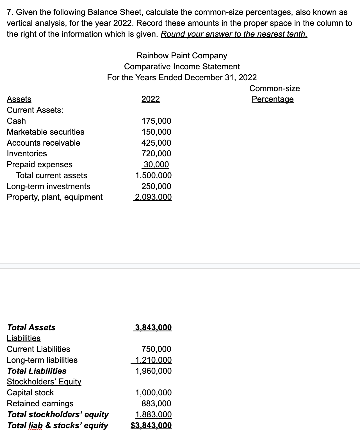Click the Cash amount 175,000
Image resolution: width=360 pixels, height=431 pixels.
tap(156, 121)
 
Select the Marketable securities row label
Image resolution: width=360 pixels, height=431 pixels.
tap(45, 132)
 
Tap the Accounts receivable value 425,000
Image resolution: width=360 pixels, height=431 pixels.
tap(156, 143)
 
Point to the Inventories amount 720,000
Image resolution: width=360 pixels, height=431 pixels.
tap(156, 153)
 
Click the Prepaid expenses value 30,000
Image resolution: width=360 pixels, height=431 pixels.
tap(156, 164)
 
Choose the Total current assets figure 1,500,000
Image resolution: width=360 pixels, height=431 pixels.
tap(153, 175)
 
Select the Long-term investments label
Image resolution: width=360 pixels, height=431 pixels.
tap(49, 186)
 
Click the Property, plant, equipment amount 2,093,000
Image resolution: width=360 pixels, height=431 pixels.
tap(153, 197)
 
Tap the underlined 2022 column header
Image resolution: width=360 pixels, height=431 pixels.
tap(151, 99)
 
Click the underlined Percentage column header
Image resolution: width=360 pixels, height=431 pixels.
tap(272, 99)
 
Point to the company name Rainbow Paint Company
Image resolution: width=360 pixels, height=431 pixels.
tap(182, 56)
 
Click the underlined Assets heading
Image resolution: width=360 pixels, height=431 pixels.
tap(19, 99)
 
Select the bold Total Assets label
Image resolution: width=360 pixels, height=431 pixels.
tap(31, 327)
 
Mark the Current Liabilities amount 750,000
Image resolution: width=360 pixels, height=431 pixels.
tap(156, 349)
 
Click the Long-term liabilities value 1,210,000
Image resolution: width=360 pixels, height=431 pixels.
tap(153, 360)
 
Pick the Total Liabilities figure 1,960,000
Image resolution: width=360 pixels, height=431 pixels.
tap(153, 371)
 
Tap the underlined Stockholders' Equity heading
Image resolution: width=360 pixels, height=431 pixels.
tap(44, 382)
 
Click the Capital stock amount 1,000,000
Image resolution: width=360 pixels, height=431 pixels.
tap(153, 393)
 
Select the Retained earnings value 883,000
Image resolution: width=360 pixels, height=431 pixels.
tap(156, 404)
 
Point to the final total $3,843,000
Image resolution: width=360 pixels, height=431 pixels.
tap(151, 425)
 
